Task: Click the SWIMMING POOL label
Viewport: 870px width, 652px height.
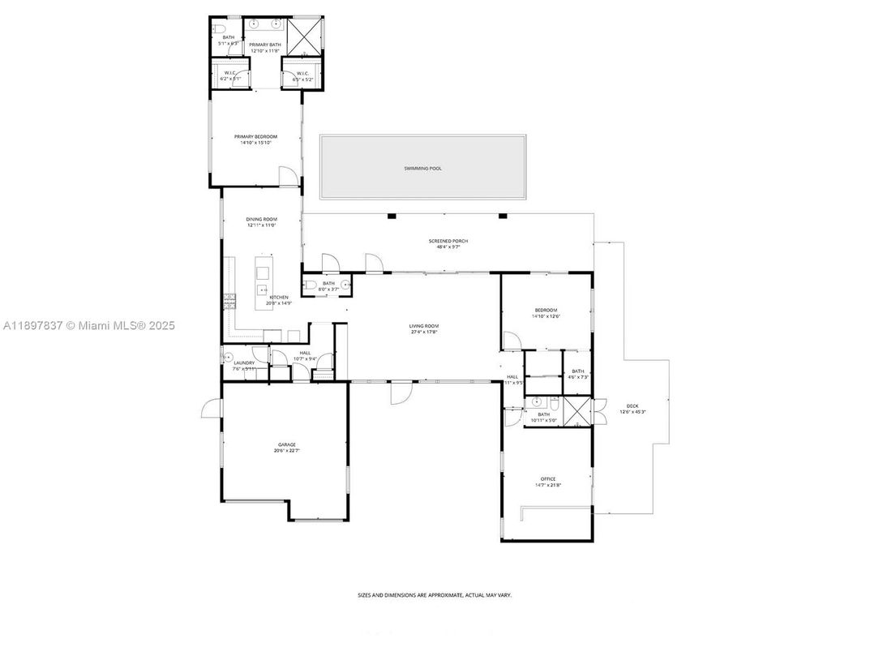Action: point(423,169)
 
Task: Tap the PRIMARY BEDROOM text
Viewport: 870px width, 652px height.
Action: point(255,137)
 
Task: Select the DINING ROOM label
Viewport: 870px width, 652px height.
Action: point(262,220)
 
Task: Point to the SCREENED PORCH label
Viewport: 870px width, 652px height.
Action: point(448,241)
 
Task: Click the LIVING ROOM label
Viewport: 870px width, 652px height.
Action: point(423,326)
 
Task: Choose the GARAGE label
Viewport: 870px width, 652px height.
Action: point(286,444)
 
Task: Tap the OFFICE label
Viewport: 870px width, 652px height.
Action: point(548,478)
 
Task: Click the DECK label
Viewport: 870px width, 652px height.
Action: point(632,405)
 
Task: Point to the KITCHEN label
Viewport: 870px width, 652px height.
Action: point(279,298)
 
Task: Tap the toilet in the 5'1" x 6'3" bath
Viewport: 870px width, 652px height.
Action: point(219,28)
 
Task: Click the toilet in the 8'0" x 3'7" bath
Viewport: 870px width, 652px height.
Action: point(311,285)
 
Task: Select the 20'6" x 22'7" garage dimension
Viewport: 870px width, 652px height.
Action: point(286,451)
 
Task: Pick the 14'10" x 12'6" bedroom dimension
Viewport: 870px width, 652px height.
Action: point(546,316)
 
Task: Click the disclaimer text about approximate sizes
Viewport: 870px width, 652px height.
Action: point(435,595)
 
